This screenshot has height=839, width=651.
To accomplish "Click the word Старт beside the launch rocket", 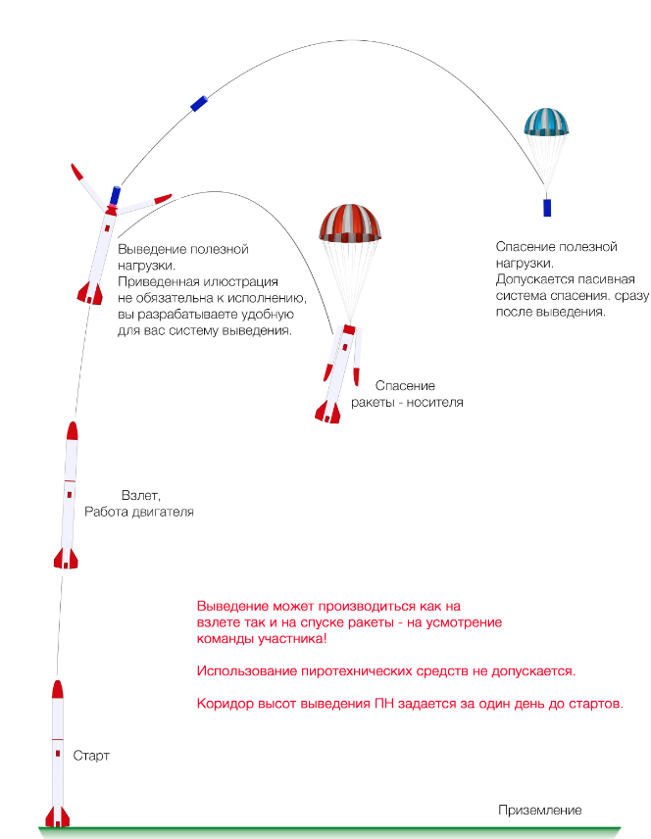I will click(91, 757).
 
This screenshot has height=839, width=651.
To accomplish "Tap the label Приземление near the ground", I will click(540, 810).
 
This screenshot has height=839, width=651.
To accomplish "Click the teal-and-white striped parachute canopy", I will click(545, 122).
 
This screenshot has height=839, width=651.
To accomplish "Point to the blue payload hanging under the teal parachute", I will click(547, 207).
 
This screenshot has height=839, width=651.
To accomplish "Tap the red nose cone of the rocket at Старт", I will click(57, 689).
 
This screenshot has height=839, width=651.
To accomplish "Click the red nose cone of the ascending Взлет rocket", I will click(72, 431).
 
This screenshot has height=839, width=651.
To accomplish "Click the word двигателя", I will click(161, 512).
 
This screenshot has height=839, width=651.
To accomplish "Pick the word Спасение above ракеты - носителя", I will click(405, 386).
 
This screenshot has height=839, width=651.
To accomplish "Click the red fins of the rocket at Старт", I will click(58, 815).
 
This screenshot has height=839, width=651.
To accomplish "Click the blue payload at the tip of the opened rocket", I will click(115, 194).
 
